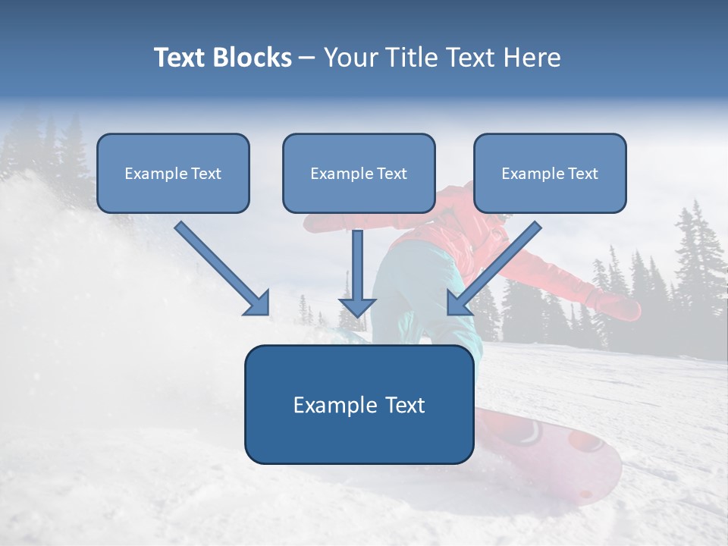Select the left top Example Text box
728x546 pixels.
[173, 174]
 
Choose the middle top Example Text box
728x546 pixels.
[359, 174]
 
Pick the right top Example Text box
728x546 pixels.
[550, 174]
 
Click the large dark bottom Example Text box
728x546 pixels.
[359, 405]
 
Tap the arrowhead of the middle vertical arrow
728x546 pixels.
[357, 306]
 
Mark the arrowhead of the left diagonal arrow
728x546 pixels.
[258, 303]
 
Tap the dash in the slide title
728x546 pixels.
[307, 58]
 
